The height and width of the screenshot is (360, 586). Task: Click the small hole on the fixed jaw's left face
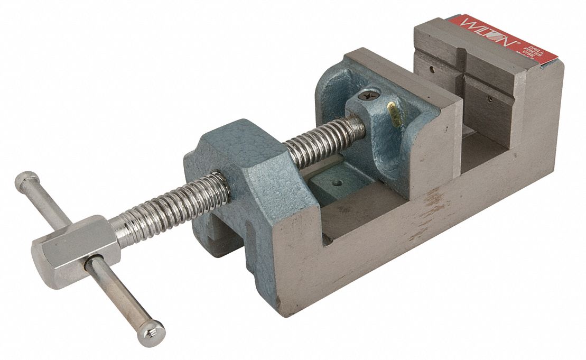coord(433,68)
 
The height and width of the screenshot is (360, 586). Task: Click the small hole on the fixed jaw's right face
coord(488,98)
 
